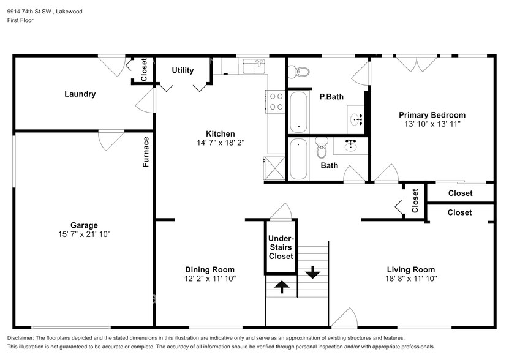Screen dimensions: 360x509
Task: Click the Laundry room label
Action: click(80, 94)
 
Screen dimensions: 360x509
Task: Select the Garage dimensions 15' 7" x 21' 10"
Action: click(83, 234)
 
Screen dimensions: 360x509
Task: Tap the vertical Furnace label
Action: click(146, 152)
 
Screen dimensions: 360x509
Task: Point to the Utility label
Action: click(183, 70)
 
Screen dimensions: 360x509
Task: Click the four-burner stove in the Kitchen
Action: click(276, 101)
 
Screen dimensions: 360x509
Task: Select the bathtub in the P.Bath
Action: click(298, 111)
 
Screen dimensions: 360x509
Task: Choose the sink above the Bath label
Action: click(351, 146)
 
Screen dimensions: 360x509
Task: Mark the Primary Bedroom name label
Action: click(432, 115)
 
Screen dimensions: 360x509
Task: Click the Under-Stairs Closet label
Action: click(281, 247)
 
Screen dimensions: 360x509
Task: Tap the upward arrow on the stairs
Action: click(282, 286)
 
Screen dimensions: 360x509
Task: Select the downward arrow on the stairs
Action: click(312, 271)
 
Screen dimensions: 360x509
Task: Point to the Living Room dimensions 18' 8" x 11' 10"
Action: click(410, 279)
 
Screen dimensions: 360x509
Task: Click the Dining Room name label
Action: click(210, 269)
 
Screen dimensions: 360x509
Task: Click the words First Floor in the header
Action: click(20, 20)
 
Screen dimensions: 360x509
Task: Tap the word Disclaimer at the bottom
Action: click(25, 339)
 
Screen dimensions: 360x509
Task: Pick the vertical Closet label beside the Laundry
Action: click(144, 69)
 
